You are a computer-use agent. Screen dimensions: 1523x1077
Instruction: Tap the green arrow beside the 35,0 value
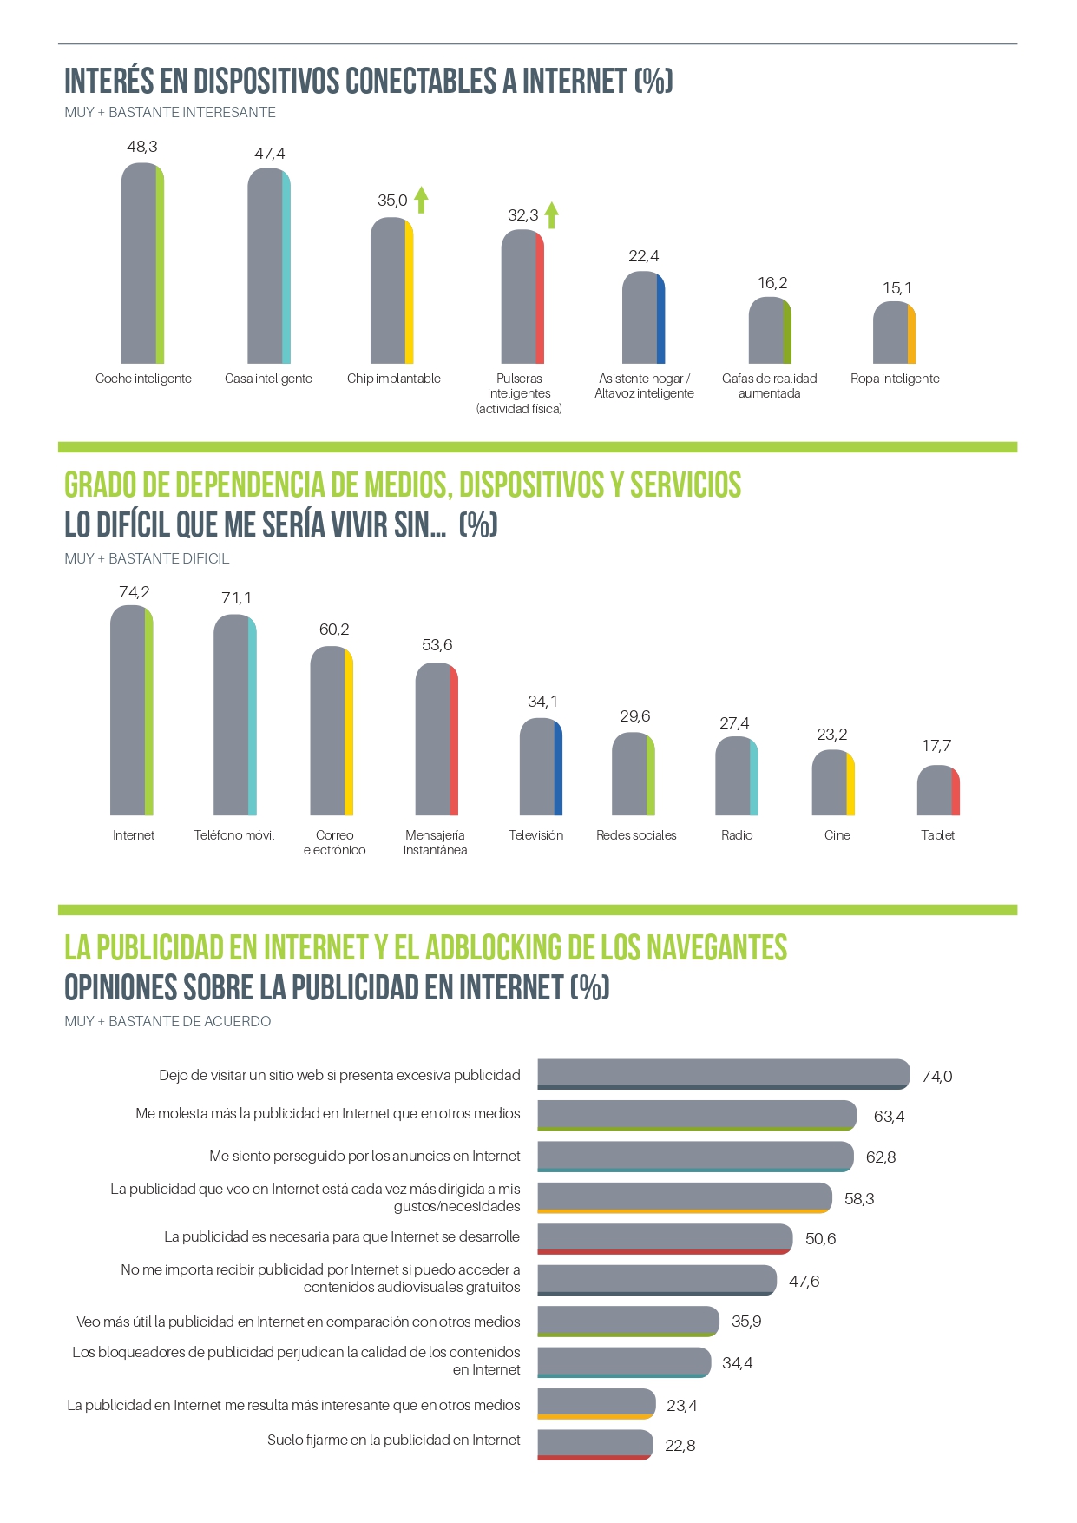pos(421,200)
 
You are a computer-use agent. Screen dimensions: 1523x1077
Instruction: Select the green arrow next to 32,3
pos(551,214)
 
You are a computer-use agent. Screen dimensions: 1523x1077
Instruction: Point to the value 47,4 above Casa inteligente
pos(269,154)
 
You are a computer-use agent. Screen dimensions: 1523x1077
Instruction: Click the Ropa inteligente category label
pos(895,379)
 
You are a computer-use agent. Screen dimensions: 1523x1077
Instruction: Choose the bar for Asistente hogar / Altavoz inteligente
pos(643,318)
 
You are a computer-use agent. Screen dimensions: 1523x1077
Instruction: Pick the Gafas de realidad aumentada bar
pos(770,331)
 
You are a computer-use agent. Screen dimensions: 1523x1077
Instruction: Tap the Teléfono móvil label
pos(233,835)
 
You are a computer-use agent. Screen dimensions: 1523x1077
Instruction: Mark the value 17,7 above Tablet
pos(936,746)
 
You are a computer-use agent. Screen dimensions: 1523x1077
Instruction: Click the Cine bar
pos(833,783)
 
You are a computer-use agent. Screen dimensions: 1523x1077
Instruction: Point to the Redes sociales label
pos(636,835)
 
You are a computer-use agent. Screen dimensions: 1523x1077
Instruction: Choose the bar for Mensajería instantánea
pos(437,739)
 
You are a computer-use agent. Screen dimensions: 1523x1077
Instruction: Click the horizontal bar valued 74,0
pos(723,1074)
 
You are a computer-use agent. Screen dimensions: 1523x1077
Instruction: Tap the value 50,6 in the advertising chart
pos(820,1239)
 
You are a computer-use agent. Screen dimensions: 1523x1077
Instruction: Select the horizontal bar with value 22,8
pos(594,1445)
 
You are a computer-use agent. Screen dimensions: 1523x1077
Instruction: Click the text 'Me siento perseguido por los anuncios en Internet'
pos(364,1157)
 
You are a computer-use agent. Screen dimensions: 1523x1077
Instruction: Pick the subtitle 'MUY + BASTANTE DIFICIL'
pos(147,558)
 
